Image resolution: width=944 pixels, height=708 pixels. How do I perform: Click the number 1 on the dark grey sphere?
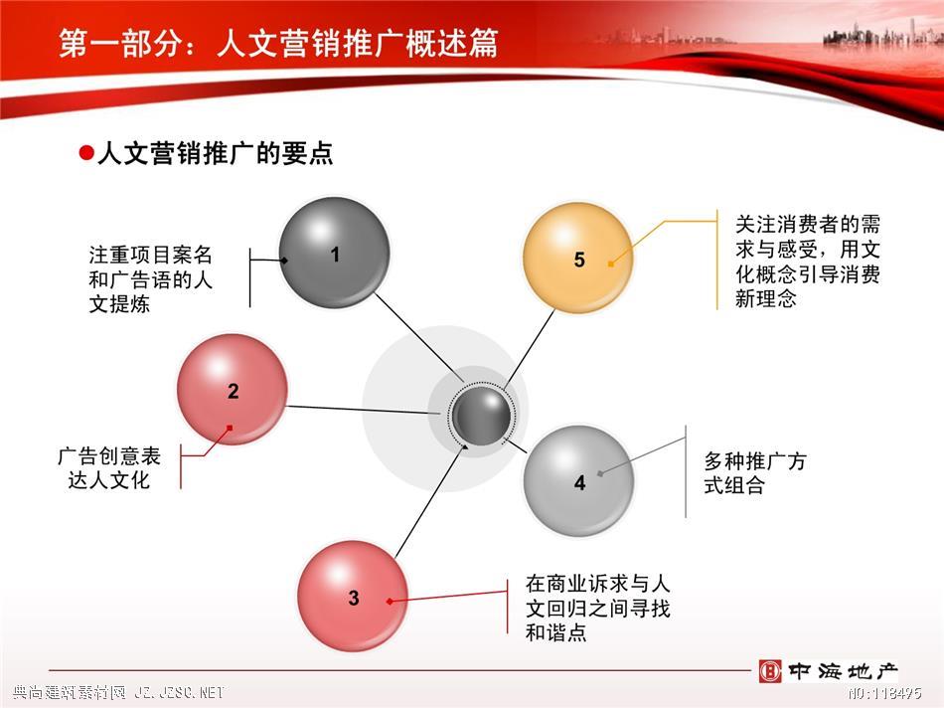click(x=335, y=255)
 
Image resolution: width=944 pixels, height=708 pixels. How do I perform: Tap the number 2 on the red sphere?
click(x=234, y=391)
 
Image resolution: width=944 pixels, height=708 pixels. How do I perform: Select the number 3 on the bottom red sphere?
click(x=354, y=598)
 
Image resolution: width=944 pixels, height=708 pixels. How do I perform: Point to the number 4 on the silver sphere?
click(x=579, y=482)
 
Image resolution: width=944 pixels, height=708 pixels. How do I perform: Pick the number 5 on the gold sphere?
click(x=579, y=260)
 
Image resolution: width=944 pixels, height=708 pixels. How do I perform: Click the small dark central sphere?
click(x=481, y=416)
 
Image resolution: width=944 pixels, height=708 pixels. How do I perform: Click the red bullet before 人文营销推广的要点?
click(x=86, y=153)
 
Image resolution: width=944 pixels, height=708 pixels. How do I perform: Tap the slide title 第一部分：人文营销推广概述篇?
click(x=279, y=43)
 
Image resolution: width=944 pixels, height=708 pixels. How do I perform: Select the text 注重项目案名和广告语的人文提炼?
click(x=150, y=279)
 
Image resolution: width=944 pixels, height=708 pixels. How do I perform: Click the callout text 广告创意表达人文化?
click(x=109, y=468)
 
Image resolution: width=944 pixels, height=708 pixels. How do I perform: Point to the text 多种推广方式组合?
click(x=755, y=473)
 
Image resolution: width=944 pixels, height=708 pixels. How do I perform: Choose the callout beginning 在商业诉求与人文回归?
click(x=597, y=608)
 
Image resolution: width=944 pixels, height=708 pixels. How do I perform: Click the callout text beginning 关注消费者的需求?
click(x=807, y=261)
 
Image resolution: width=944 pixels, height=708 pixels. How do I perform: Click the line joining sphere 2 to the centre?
click(x=364, y=410)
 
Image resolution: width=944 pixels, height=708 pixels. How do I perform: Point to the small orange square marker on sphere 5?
click(x=611, y=264)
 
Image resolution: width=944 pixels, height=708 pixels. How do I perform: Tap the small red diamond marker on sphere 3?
click(x=390, y=602)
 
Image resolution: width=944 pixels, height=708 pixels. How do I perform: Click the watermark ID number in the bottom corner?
click(x=884, y=693)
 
